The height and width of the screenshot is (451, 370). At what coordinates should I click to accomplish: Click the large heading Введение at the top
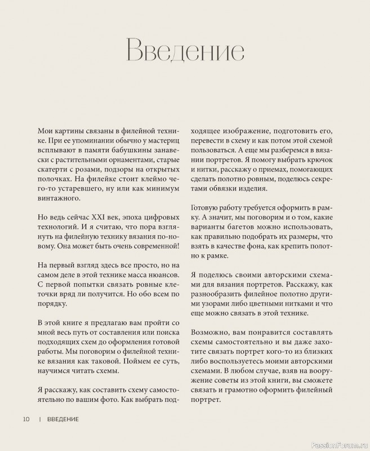tap(185, 51)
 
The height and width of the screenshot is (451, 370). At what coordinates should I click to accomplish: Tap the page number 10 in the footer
tap(26, 419)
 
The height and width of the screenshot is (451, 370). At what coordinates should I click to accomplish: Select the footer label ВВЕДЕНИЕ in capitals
tap(63, 419)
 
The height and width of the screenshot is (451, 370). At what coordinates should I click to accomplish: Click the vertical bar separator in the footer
tap(40, 419)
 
